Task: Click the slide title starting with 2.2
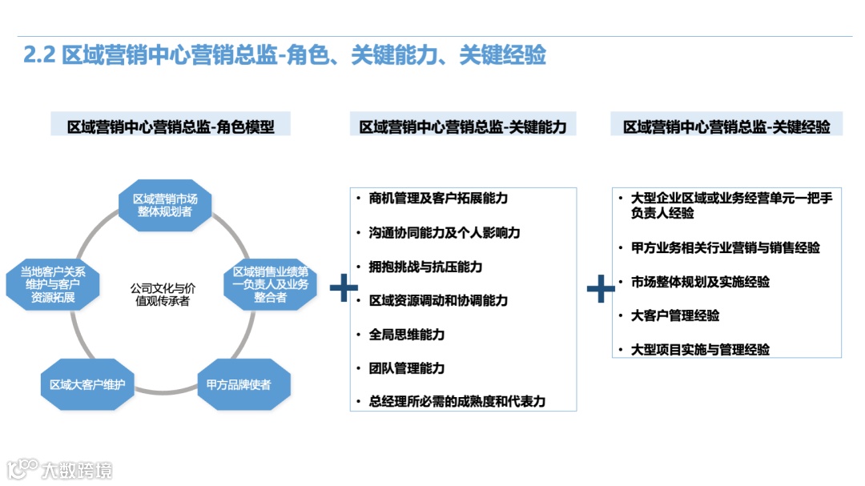(x=284, y=54)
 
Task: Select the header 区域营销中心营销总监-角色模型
(x=171, y=127)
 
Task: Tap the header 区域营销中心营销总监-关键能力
(x=463, y=127)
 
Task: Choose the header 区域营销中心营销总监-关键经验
(x=726, y=127)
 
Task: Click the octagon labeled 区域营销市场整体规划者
(x=165, y=205)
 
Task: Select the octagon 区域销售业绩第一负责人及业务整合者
(x=271, y=284)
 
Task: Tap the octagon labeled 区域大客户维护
(x=86, y=385)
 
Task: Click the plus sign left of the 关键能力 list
(x=344, y=289)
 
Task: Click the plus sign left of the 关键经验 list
(x=601, y=289)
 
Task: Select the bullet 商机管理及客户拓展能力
(x=438, y=199)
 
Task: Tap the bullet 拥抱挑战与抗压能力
(x=425, y=267)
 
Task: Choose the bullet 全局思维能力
(x=407, y=335)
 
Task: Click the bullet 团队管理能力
(x=407, y=368)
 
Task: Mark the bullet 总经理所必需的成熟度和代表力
(x=457, y=402)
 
